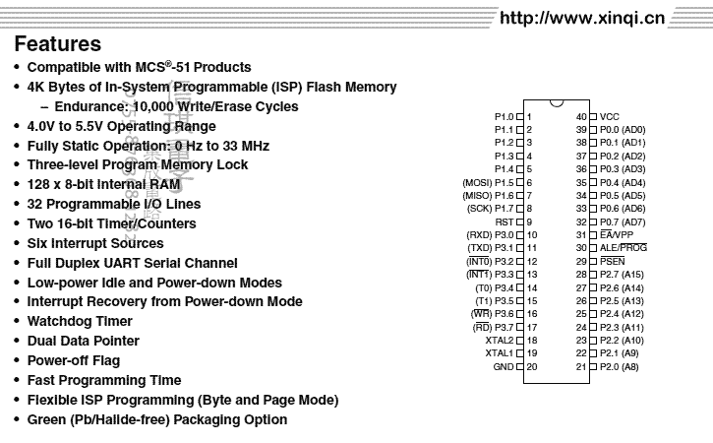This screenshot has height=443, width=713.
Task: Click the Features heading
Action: (58, 44)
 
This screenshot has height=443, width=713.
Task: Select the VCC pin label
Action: (610, 116)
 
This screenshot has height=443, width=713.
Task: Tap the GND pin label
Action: (503, 366)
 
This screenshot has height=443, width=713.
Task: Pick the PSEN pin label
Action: (613, 261)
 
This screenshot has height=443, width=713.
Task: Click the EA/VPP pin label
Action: (621, 234)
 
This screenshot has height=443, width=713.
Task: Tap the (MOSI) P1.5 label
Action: (489, 182)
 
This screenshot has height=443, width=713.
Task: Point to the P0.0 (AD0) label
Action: (623, 130)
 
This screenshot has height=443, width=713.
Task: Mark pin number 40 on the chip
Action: (581, 116)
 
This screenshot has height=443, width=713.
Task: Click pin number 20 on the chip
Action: (532, 366)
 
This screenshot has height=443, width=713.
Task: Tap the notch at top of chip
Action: (557, 102)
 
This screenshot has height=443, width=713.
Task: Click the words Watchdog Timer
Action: (80, 321)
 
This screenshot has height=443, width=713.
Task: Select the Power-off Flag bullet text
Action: (74, 360)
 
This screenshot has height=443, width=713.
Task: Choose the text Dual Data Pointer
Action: (86, 341)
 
